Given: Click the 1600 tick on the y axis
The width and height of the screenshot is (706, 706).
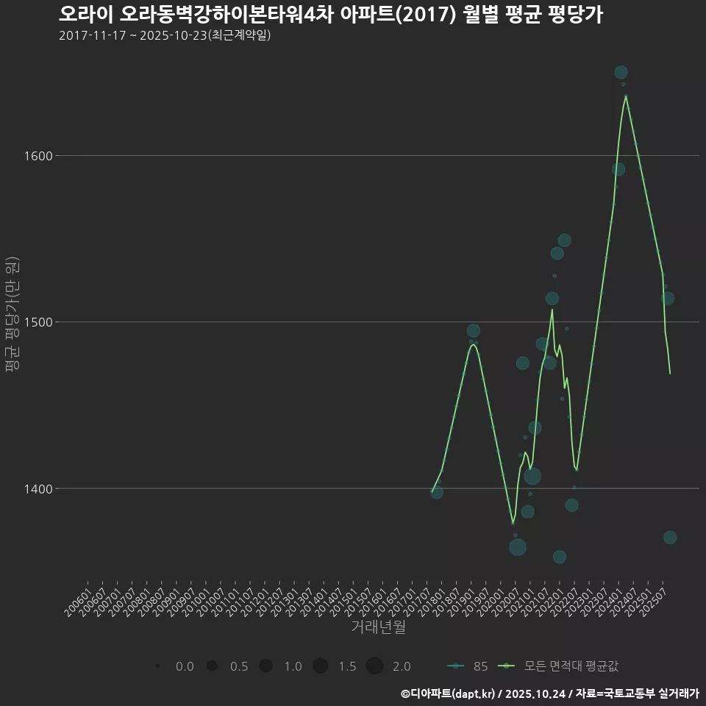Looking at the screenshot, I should [x=36, y=156].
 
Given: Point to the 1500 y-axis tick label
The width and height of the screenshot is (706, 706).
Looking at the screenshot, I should [x=36, y=322].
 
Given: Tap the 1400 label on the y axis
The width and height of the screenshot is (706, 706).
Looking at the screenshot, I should [x=36, y=488].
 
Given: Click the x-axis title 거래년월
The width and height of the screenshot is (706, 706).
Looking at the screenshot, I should [x=378, y=627].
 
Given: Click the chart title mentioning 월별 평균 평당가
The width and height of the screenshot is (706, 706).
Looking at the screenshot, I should [x=330, y=15].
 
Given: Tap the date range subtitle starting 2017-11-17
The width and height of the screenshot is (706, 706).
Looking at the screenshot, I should [x=165, y=35].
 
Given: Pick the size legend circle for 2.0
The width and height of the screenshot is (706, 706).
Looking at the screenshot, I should [x=374, y=666].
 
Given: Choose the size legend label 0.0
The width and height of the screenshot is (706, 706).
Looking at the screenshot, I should [x=185, y=666].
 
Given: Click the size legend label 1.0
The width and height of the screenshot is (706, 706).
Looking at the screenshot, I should [x=293, y=666].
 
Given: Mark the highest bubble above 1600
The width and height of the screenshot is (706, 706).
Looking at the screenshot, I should [x=621, y=72].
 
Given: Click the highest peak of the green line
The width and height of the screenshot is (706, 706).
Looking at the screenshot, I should [x=626, y=96].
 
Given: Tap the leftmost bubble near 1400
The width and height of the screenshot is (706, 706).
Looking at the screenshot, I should [x=437, y=492].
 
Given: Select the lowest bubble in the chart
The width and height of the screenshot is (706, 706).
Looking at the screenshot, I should [x=560, y=557].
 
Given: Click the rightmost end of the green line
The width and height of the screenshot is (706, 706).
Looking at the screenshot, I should [x=670, y=374].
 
